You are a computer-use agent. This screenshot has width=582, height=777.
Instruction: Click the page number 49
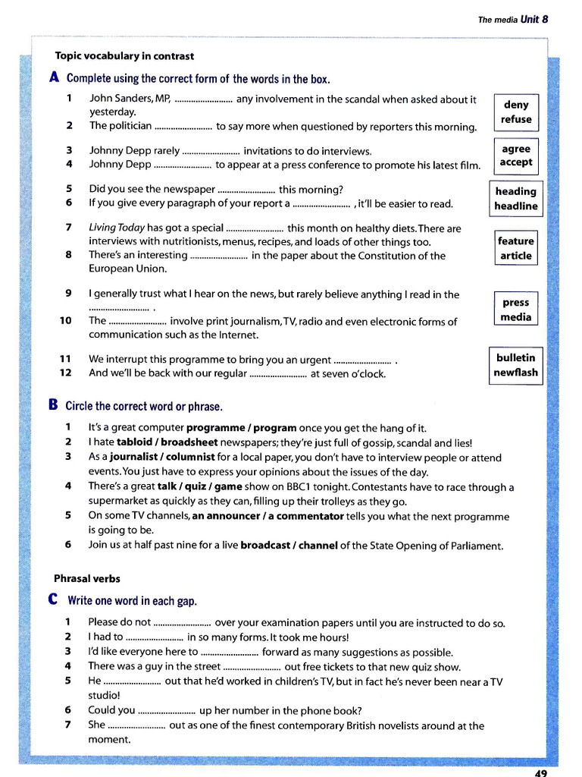coord(540,772)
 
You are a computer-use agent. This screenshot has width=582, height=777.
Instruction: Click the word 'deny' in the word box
coord(516,105)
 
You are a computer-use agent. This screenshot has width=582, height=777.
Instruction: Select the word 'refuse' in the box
coord(516,119)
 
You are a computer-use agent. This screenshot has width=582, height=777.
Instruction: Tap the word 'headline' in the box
coord(515,206)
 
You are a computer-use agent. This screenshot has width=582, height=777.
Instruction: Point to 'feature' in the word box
coord(515,241)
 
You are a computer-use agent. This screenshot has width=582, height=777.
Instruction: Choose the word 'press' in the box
coord(515,302)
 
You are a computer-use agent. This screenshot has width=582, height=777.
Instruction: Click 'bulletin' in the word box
coord(515,357)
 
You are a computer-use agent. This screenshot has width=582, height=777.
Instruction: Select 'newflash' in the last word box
coord(515,372)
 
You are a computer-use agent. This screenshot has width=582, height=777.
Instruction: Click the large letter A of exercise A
coord(54,77)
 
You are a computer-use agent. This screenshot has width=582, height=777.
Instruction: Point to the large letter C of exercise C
coord(54,600)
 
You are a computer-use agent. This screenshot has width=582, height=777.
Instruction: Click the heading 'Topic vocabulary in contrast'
coord(124,56)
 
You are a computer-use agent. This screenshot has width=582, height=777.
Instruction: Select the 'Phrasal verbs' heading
coord(86,578)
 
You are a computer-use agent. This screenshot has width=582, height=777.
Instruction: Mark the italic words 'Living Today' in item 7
coord(117,228)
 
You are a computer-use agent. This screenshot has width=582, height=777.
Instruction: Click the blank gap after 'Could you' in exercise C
coord(167,711)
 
